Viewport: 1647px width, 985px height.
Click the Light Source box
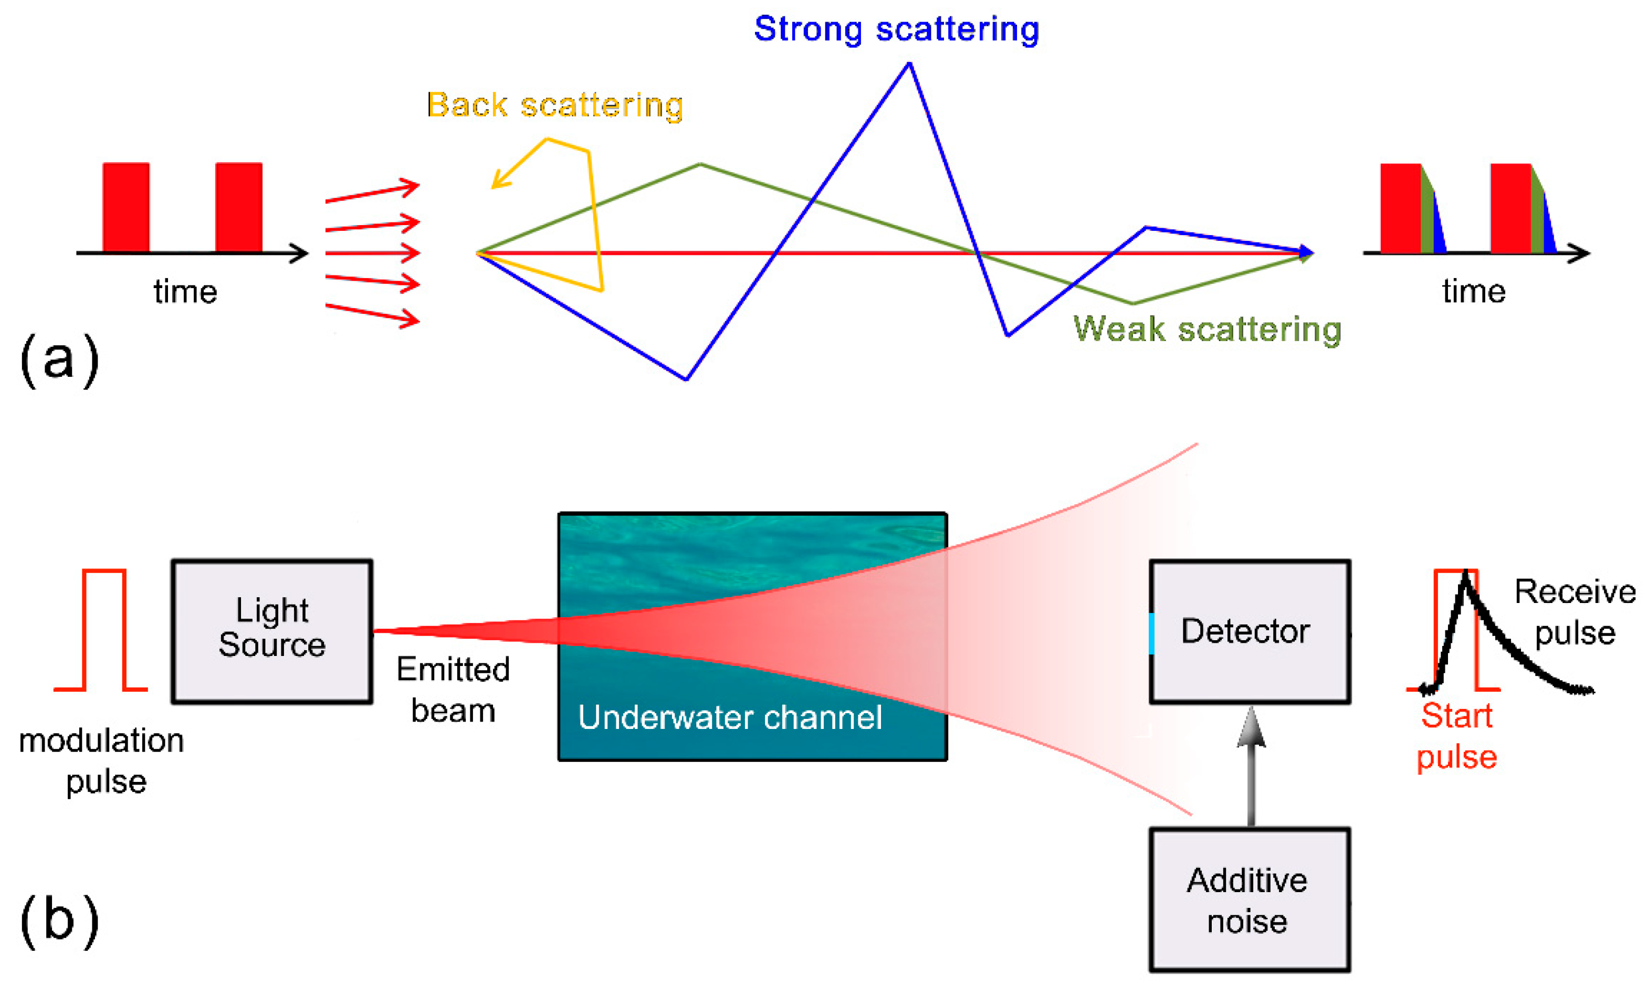coord(271,631)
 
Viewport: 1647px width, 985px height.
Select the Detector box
coord(1250,631)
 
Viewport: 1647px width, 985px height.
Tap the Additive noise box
coord(1250,900)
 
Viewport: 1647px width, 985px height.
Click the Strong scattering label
coord(896,30)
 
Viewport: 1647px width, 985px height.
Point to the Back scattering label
coord(555,105)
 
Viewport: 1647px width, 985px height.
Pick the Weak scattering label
coord(1207,329)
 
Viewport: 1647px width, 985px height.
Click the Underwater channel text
coord(730,717)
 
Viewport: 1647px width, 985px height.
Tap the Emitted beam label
coord(453,690)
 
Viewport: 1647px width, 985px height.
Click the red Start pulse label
coord(1456,736)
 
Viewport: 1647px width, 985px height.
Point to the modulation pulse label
coord(101,760)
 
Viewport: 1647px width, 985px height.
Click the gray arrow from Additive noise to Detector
coord(1251,770)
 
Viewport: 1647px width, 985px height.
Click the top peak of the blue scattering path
coord(909,65)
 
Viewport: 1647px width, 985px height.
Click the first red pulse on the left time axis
coord(126,207)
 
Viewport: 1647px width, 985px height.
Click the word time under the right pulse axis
coord(1474,291)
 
